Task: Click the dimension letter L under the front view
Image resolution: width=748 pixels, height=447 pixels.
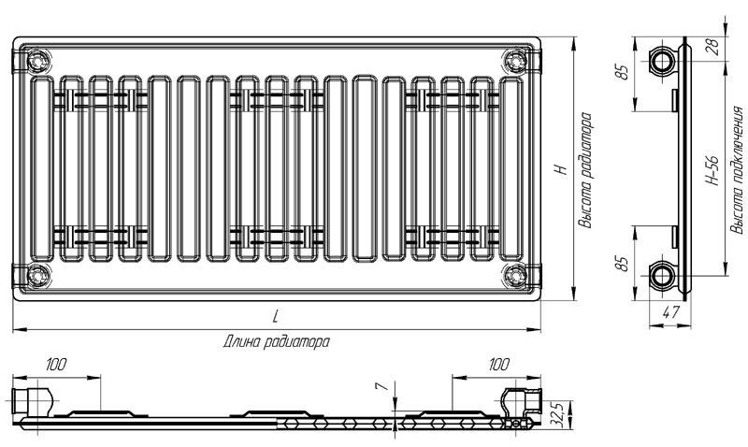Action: (275, 316)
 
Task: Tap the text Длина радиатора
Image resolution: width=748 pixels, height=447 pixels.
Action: (276, 342)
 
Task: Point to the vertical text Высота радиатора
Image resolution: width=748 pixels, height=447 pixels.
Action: (586, 170)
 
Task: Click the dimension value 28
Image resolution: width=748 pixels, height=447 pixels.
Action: (714, 49)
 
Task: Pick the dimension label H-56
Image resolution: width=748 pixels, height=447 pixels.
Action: (712, 170)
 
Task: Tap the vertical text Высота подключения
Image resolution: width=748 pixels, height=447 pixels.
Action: (737, 170)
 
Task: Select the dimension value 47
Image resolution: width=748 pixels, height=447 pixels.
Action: (671, 312)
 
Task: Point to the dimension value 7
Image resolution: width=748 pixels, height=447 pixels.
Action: (381, 386)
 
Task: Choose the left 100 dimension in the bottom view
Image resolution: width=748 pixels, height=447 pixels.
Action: (56, 365)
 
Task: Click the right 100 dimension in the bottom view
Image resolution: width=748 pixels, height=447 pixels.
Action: (499, 365)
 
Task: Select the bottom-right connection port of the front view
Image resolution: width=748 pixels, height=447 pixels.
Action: (515, 276)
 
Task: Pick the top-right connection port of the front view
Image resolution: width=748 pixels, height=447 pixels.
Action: (515, 62)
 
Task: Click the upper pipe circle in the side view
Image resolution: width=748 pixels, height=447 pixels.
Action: (662, 61)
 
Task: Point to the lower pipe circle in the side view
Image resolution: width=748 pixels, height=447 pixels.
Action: (662, 276)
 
